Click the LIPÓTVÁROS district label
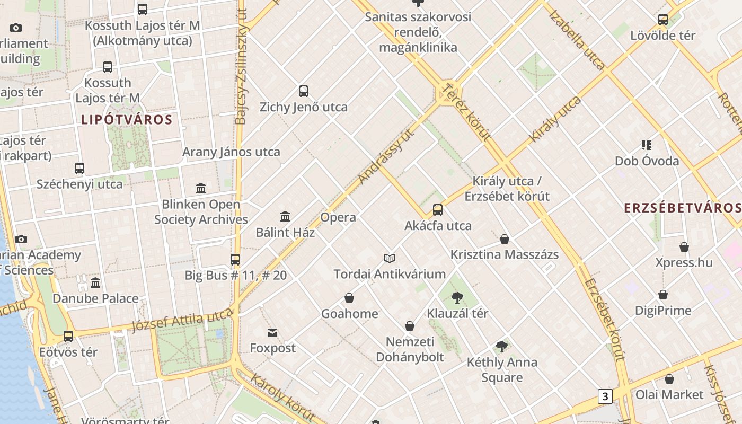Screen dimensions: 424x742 click(x=127, y=120)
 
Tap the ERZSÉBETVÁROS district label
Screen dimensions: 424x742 click(x=683, y=208)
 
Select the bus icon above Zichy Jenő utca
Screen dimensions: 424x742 click(x=304, y=91)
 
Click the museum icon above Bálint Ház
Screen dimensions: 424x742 click(x=285, y=216)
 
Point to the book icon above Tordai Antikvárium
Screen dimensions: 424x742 click(x=390, y=258)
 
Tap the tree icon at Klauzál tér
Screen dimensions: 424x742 click(x=457, y=298)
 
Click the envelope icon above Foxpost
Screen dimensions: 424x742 click(x=272, y=333)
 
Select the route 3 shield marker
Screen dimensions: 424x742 click(x=605, y=396)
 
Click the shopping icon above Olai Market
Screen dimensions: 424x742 click(x=669, y=379)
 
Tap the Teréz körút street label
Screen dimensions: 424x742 click(x=467, y=112)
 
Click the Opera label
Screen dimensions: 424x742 click(x=338, y=217)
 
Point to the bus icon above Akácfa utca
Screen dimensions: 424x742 click(x=438, y=210)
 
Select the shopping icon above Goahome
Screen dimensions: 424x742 click(x=349, y=298)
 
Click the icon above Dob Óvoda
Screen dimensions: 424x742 click(x=647, y=145)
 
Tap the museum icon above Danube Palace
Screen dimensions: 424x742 click(x=95, y=283)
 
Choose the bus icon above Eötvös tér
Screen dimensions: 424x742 click(x=68, y=337)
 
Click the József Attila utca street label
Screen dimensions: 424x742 click(x=182, y=320)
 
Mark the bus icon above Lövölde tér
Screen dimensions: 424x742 click(x=663, y=20)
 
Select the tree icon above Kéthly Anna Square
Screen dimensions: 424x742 click(x=501, y=347)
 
